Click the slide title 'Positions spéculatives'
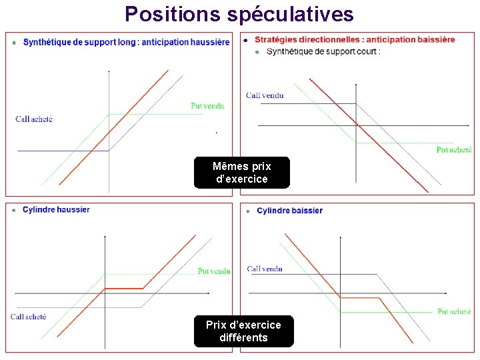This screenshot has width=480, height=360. tap(239, 13)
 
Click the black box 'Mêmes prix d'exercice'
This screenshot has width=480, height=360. tap(241, 173)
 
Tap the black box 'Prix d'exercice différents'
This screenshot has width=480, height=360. tap(243, 331)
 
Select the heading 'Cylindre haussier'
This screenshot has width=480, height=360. tap(56, 209)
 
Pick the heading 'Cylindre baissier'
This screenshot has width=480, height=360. tap(289, 211)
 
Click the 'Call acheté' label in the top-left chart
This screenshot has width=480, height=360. tap(34, 119)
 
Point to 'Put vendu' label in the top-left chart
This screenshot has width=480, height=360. tap(207, 105)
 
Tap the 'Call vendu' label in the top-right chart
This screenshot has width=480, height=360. tap(265, 95)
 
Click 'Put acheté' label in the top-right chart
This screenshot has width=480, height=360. tap(454, 150)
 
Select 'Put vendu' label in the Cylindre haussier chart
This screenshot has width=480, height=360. tap(214, 271)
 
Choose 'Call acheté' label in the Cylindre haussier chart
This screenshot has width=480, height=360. tap(29, 317)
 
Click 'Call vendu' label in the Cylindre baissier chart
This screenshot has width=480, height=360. tap(265, 269)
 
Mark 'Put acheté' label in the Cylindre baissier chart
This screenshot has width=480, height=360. tap(454, 311)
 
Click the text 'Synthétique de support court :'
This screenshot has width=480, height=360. tap(323, 51)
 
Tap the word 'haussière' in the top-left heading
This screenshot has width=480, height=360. tap(210, 42)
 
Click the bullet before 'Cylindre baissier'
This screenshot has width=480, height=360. tap(247, 211)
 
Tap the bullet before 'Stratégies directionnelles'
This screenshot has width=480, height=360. tap(247, 40)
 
